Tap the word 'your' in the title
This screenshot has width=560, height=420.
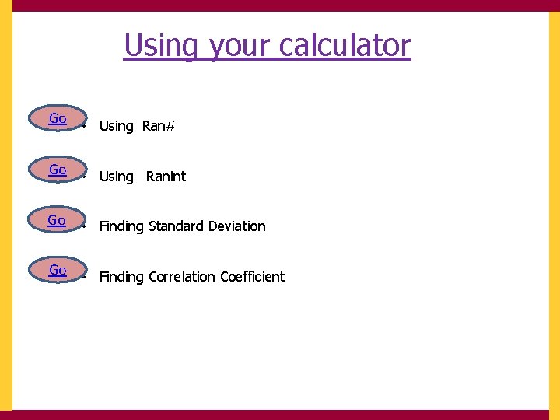point(240,47)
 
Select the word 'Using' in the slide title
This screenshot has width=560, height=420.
point(161,47)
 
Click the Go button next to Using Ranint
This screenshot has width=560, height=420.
point(58,170)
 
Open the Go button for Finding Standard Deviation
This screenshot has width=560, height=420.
point(57,221)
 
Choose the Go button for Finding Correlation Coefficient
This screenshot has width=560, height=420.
point(58,271)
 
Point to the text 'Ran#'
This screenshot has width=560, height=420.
point(159,126)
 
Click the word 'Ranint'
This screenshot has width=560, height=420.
point(166,177)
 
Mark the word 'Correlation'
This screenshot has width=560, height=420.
point(182,277)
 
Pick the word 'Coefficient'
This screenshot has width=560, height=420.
point(253,277)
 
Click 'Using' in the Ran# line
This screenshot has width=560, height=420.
point(117,126)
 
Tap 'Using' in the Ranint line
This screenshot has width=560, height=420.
point(117,177)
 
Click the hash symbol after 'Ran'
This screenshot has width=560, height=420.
point(170,126)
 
